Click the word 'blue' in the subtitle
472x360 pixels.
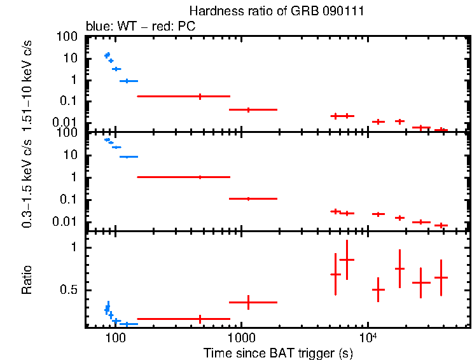click(x=96, y=27)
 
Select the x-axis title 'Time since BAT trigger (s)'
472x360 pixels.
click(x=277, y=352)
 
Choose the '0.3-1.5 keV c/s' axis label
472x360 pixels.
click(x=27, y=184)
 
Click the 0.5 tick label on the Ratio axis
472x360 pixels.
click(x=73, y=290)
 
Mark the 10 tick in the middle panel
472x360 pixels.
click(x=76, y=155)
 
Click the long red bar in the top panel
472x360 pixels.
click(x=183, y=96)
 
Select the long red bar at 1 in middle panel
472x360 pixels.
click(x=183, y=177)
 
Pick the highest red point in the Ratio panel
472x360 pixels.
click(x=347, y=260)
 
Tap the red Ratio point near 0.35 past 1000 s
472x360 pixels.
click(x=249, y=302)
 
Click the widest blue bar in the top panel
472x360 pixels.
click(x=128, y=81)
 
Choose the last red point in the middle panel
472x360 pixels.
click(x=441, y=225)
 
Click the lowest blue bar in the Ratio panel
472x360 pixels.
click(x=128, y=324)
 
